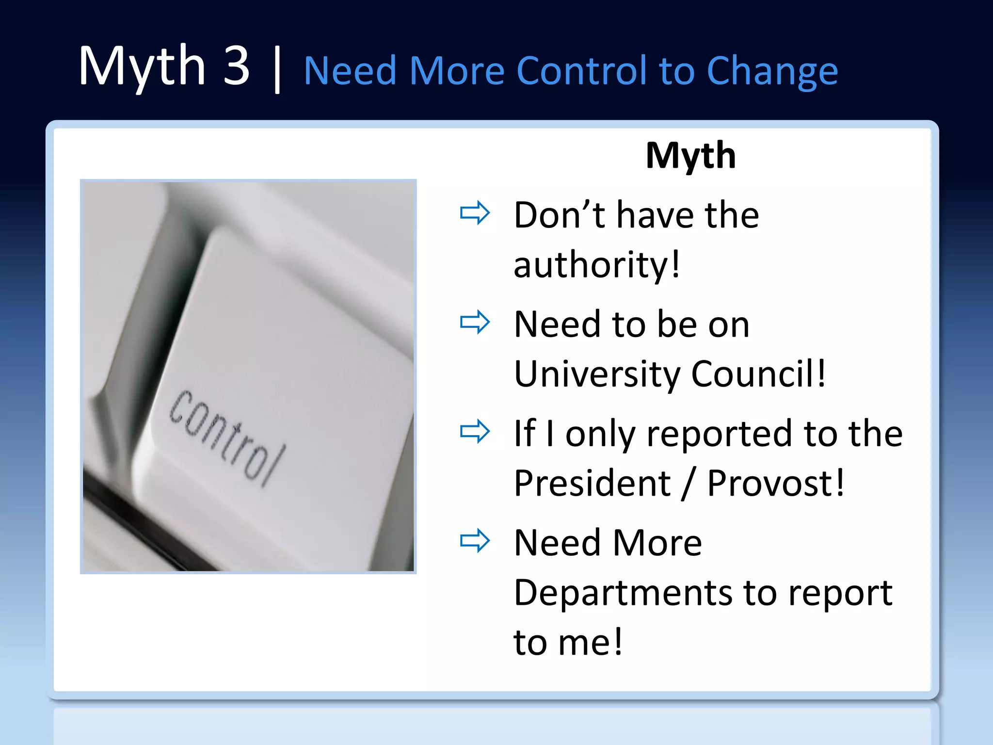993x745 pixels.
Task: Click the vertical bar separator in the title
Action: tap(277, 69)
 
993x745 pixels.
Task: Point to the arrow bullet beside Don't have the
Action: tap(475, 213)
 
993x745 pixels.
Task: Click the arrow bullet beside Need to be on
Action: tap(475, 322)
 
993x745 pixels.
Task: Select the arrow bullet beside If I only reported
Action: tap(475, 431)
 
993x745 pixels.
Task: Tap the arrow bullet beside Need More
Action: tap(475, 540)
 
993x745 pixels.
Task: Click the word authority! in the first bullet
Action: tap(597, 265)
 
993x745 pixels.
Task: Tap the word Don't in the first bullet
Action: tap(560, 215)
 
